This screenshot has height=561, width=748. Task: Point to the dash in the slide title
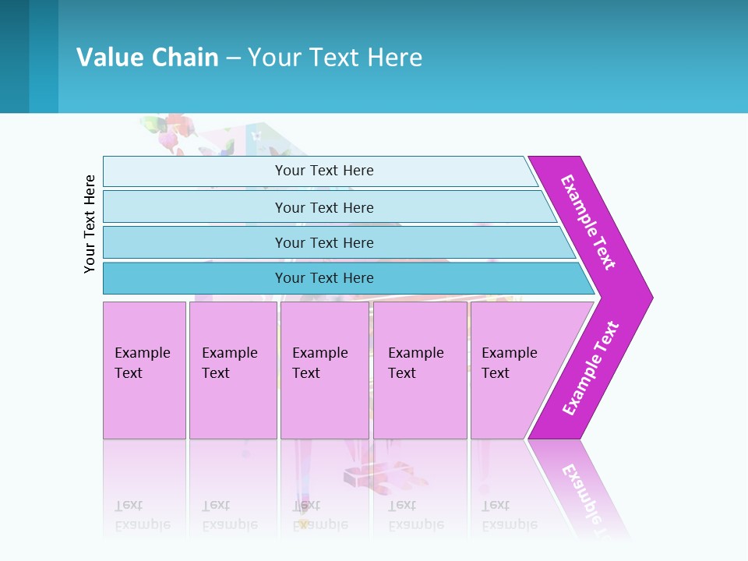tap(233, 58)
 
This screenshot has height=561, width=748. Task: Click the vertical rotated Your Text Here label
tap(90, 224)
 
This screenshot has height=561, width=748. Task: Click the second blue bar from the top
tap(323, 207)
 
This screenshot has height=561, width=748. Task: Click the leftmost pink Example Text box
tap(144, 370)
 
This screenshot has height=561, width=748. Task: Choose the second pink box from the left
tap(232, 370)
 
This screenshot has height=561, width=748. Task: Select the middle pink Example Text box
tap(324, 370)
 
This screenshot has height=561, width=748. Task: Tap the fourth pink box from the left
tap(419, 370)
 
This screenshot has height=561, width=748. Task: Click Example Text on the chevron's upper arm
tap(588, 222)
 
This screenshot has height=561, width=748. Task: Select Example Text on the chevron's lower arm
tap(591, 369)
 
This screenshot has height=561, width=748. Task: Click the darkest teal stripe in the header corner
tap(14, 56)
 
